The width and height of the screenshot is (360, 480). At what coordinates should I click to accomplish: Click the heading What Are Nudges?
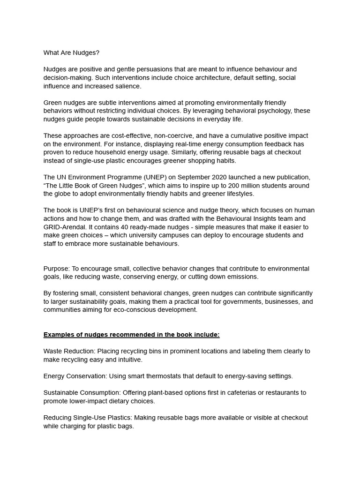[x=71, y=52]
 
